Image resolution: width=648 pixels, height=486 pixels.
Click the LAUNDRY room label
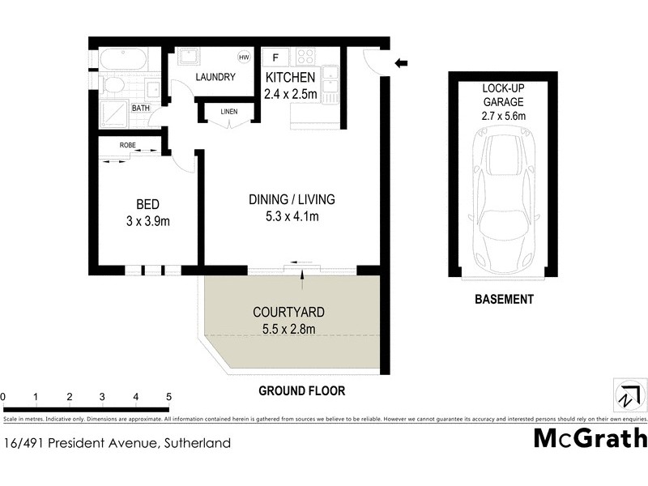click(215, 78)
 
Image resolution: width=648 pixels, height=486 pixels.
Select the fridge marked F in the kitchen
click(276, 58)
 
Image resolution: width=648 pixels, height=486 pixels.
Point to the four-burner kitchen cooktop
click(305, 57)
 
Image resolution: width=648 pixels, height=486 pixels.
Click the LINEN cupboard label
click(229, 111)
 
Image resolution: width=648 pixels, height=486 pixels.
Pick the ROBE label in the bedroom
click(128, 145)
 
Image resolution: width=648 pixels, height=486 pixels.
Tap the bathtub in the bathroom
click(122, 59)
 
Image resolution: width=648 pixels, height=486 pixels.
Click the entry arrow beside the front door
click(401, 63)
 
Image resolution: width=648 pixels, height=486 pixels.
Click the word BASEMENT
click(504, 300)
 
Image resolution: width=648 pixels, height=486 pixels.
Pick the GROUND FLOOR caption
click(301, 390)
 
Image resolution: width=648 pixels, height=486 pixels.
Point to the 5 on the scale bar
click(169, 397)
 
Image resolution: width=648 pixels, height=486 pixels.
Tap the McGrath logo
click(590, 438)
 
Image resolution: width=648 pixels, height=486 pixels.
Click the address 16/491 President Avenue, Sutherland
click(117, 443)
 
